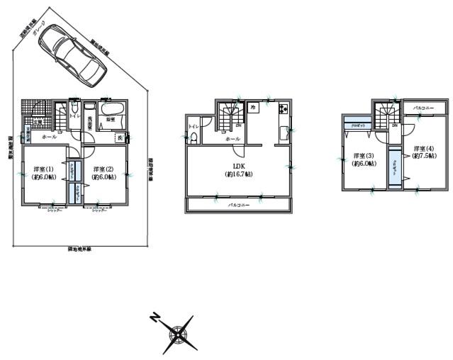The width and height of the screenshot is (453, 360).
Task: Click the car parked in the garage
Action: click(73, 54)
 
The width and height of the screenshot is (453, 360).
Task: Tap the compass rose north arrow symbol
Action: click(177, 331)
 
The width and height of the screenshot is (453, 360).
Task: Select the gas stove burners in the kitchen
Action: click(283, 109)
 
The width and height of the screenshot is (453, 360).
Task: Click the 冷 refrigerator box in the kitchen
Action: click(252, 106)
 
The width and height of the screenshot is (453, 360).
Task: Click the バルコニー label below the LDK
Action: click(238, 205)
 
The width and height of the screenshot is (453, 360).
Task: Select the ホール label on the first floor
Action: click(50, 135)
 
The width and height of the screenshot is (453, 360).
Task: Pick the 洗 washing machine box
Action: click(121, 137)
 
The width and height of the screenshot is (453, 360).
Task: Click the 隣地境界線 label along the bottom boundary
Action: click(79, 249)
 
